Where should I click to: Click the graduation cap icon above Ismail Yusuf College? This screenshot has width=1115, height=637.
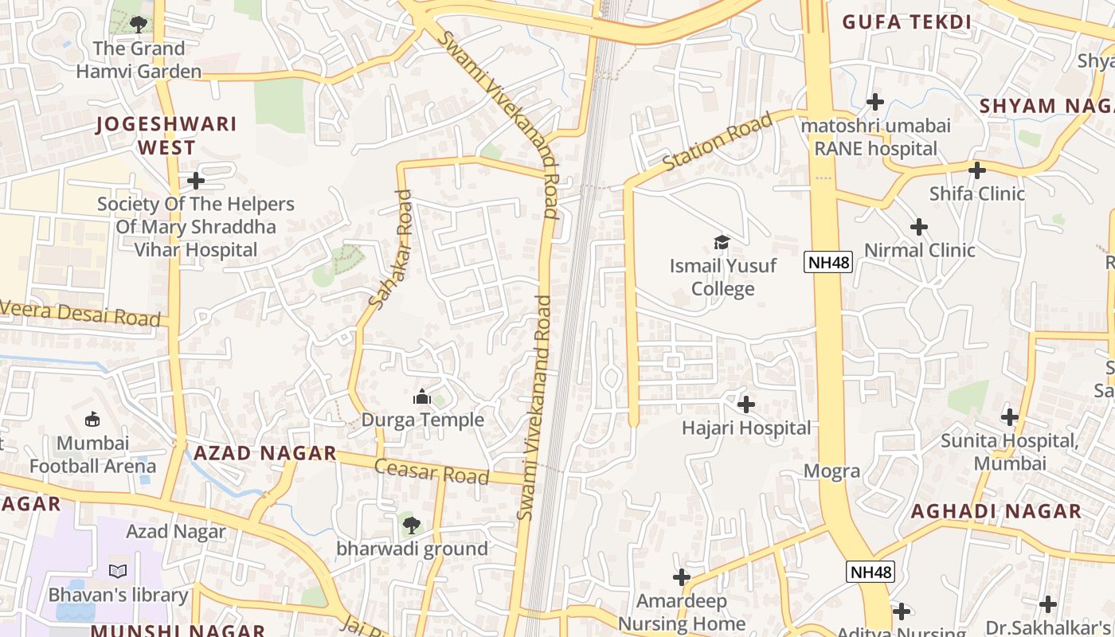pos(722,241)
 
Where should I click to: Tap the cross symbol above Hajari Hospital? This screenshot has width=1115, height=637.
pos(746,404)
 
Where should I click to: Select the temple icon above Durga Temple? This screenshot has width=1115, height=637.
pos(422,396)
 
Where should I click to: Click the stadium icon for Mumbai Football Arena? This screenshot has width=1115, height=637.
pos(92,419)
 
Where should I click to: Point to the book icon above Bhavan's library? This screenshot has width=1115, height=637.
pos(118,571)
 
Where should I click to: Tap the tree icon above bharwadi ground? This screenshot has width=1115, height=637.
pos(411,525)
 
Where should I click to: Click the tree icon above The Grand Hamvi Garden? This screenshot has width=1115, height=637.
pos(139,24)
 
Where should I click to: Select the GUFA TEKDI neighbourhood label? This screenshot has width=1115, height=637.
pos(907,22)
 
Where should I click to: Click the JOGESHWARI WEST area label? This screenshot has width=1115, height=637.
pos(166,135)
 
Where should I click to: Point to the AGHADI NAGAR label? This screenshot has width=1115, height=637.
pos(996,511)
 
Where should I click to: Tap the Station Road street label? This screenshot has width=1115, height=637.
pos(718,142)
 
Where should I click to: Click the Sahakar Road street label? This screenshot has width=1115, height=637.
pos(391,248)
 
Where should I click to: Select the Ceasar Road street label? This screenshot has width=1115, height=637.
pos(431,471)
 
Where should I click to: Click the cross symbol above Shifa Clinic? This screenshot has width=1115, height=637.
pos(977,170)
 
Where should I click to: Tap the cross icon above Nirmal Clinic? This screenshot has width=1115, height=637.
pos(919,227)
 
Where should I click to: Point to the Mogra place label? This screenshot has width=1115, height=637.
pos(831,471)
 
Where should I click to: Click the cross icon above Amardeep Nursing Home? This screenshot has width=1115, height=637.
pos(682,577)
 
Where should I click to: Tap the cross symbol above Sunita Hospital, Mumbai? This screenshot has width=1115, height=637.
pos(1010,416)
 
